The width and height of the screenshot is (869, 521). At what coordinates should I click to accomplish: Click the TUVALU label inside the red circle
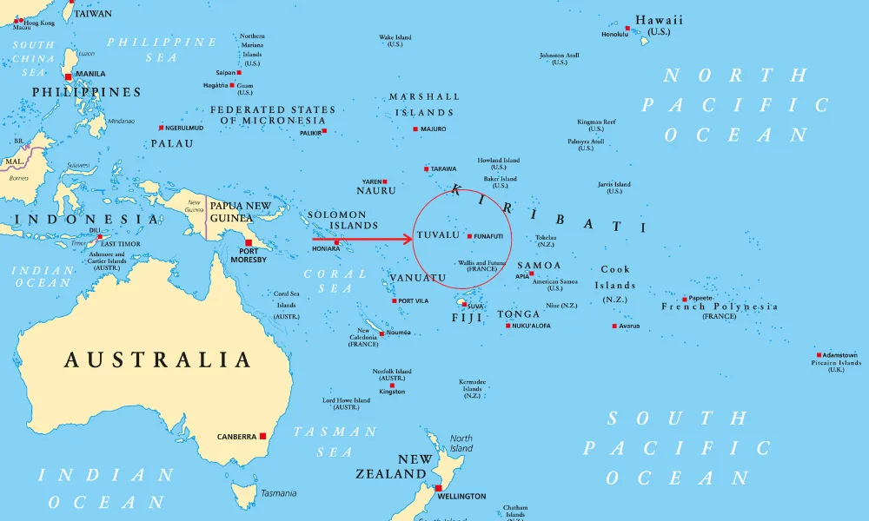pos(437,235)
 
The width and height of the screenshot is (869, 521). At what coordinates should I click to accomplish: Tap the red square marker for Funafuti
pos(470,236)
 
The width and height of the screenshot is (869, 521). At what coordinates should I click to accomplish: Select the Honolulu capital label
pos(614,35)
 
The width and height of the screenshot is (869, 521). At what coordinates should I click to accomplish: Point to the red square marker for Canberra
pos(262,436)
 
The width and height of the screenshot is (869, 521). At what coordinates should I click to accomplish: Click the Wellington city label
pos(462,496)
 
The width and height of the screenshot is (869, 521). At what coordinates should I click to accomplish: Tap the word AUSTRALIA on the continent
pos(158,359)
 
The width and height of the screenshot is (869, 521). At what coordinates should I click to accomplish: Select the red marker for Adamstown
pos(819,354)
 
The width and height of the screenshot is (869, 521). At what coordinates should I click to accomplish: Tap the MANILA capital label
pos(90,75)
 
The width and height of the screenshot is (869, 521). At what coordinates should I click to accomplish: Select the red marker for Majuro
pos(415,129)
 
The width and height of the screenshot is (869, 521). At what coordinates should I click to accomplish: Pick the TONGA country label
pos(518,314)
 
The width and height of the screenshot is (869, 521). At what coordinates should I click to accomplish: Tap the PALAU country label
pos(172,143)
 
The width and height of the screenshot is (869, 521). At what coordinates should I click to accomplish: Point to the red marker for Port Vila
pos(394,301)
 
